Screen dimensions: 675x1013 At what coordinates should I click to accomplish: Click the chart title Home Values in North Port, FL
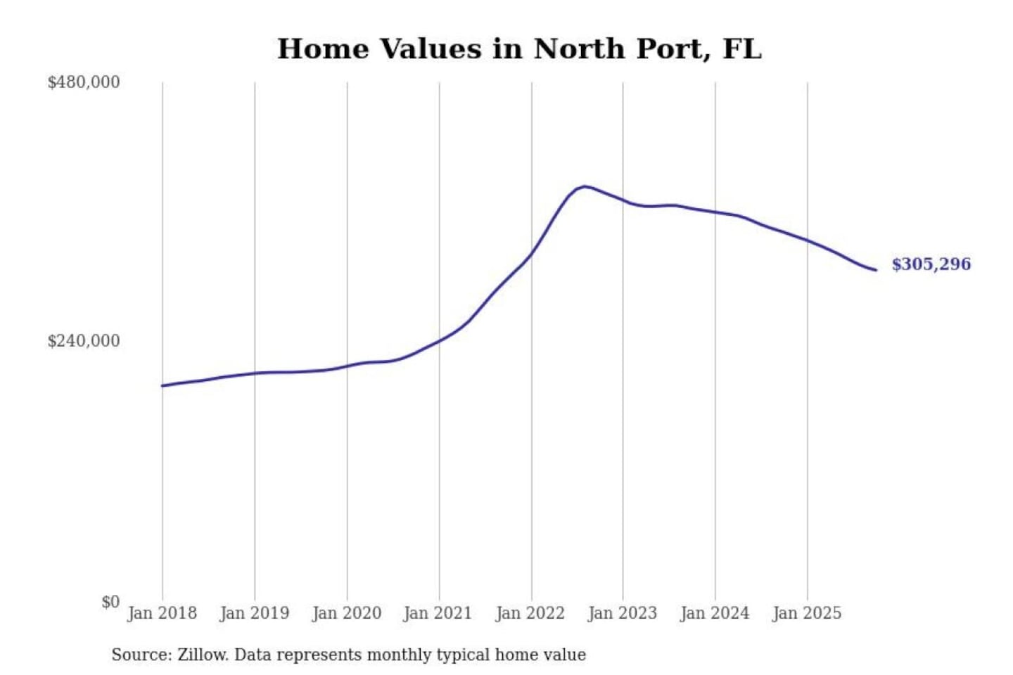coord(519,49)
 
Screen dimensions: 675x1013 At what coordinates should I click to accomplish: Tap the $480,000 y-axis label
coord(84,82)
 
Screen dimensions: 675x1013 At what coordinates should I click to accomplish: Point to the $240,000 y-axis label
coord(84,341)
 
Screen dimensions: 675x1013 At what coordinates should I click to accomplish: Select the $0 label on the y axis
coord(110,602)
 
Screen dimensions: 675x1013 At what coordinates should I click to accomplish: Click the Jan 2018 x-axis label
coord(162,613)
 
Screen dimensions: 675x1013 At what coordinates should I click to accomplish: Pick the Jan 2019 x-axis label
coord(254,613)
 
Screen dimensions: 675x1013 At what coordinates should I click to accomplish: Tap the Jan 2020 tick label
coord(346,613)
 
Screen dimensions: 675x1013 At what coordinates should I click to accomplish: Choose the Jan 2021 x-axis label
coord(438,613)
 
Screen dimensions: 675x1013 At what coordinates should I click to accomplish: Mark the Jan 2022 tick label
coord(530,613)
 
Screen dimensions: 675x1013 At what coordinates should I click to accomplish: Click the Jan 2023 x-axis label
coord(622,613)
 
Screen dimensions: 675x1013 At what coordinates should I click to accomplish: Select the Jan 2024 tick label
coord(715,613)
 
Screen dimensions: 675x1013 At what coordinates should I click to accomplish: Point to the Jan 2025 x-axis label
coord(807,613)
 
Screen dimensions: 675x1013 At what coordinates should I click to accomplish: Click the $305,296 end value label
coord(931,264)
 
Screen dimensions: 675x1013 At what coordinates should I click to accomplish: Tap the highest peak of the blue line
coord(585,186)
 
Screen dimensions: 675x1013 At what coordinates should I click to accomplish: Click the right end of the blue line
coord(876,270)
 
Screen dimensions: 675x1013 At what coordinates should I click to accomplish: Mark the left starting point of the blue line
coord(163,385)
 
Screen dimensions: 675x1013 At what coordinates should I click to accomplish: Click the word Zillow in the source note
coord(203,655)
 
